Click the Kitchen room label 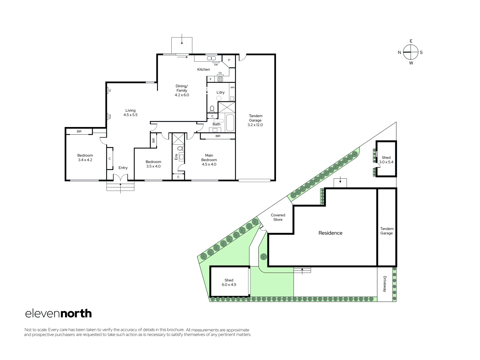tap(203, 69)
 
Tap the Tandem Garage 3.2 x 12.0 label tap(255, 120)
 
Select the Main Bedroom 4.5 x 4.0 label tap(209, 160)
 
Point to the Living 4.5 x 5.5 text tap(130, 113)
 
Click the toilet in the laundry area tap(212, 109)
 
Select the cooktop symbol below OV tap(220, 79)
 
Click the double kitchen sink tap(211, 58)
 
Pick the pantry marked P tap(229, 60)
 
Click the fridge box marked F tap(211, 79)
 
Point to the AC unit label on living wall tap(109, 90)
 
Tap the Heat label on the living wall tap(109, 116)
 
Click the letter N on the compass tap(399, 52)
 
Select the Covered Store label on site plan tap(278, 217)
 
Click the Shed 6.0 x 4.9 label tap(229, 282)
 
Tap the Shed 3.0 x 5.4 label tap(386, 160)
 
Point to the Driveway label tap(385, 284)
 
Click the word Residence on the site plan tap(330, 233)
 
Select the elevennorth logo tap(59, 314)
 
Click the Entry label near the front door tap(123, 168)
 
